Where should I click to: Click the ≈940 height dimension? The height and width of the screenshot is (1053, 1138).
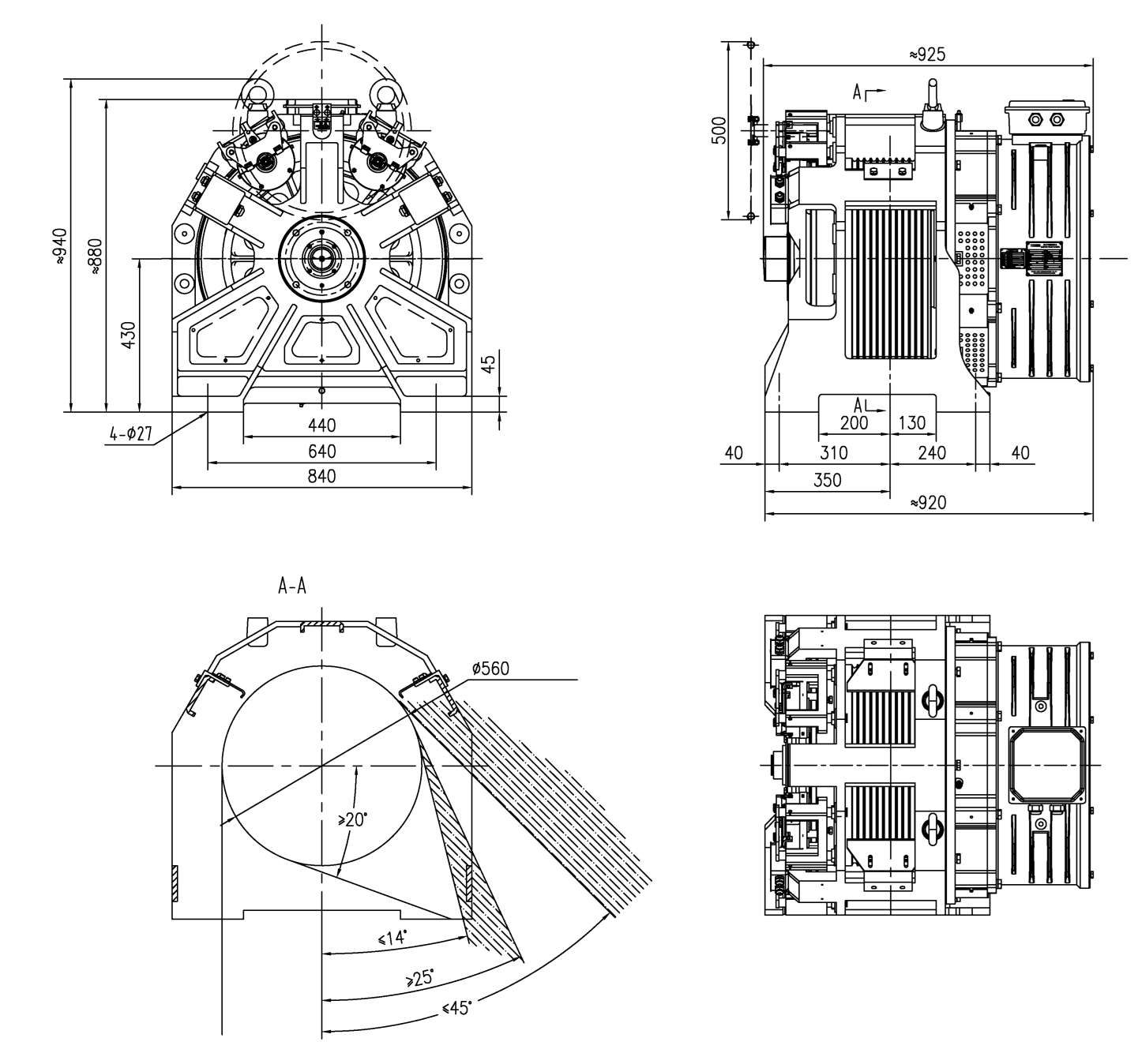pyautogui.click(x=60, y=246)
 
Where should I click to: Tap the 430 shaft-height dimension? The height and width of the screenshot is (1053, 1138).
pyautogui.click(x=129, y=335)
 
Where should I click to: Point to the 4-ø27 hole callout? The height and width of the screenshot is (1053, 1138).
pyautogui.click(x=131, y=433)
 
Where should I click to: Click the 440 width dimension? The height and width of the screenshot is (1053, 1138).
pyautogui.click(x=321, y=425)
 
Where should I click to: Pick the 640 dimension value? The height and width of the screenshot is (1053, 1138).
pyautogui.click(x=321, y=451)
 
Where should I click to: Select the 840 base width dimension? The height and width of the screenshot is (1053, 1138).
pyautogui.click(x=321, y=475)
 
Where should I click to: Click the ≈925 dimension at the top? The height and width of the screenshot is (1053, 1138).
pyautogui.click(x=926, y=54)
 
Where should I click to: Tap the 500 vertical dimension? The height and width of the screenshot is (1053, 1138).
pyautogui.click(x=720, y=130)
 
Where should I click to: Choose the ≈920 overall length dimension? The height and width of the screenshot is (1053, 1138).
pyautogui.click(x=928, y=503)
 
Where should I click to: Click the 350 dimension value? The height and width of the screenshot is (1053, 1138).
pyautogui.click(x=828, y=479)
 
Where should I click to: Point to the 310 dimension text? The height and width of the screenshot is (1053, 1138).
pyautogui.click(x=833, y=452)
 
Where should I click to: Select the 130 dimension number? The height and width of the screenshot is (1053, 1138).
pyautogui.click(x=911, y=423)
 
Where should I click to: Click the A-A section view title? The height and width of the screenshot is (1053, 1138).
pyautogui.click(x=292, y=586)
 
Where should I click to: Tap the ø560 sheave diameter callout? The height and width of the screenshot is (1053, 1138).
pyautogui.click(x=490, y=668)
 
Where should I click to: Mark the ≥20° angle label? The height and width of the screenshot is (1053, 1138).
pyautogui.click(x=352, y=819)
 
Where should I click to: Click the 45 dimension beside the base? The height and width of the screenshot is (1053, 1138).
pyautogui.click(x=488, y=363)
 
